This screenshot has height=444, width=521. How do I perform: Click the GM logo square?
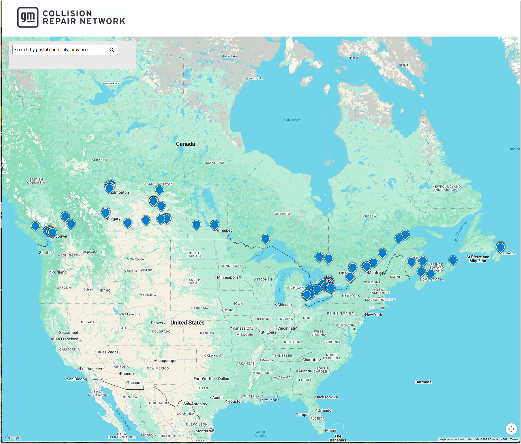28,17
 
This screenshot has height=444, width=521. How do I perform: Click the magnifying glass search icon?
112,50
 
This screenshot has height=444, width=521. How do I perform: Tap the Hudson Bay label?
291,120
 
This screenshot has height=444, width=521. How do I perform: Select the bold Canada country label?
185,144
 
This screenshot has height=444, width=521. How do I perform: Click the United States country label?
187,323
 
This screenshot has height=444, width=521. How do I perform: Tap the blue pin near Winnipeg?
215,225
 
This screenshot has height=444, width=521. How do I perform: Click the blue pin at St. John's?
500,247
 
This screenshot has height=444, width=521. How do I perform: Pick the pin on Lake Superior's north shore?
265,239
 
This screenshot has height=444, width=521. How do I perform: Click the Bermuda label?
423,382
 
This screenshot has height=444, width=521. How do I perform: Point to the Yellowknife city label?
112,83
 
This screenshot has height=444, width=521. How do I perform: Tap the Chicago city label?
284,305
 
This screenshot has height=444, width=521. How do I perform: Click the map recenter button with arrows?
511,429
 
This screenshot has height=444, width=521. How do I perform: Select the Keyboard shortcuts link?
452,439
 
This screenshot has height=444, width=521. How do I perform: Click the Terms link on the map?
514,439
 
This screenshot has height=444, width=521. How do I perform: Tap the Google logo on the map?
13,437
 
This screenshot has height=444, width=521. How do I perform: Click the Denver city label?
157,323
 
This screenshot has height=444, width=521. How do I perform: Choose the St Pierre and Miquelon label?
478,259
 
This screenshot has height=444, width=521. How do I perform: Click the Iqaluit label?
404,65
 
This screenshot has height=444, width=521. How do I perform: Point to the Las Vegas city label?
109,352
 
